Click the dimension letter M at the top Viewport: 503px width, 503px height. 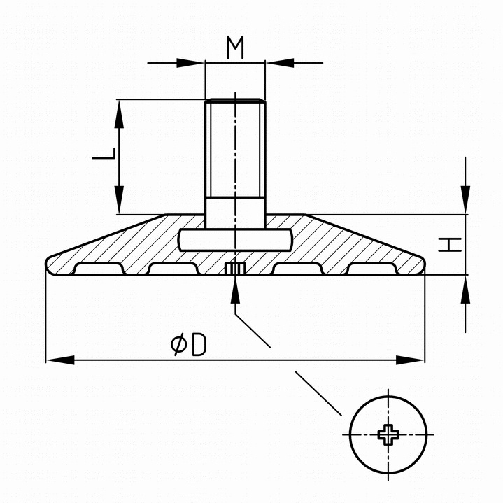(x=236, y=48)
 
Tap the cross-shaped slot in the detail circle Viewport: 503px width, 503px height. (x=388, y=434)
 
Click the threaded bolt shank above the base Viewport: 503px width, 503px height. (x=235, y=154)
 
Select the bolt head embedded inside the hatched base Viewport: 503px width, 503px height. (x=235, y=239)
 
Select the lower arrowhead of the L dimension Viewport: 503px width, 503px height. (x=119, y=204)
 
